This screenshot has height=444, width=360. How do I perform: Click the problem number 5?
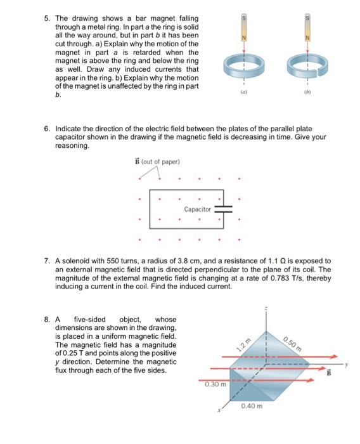point(47,18)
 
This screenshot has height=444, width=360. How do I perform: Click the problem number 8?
point(47,320)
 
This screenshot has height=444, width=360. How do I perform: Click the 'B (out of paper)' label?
point(157,162)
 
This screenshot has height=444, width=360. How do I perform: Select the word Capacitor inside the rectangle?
point(198,209)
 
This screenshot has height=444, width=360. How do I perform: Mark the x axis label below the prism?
point(219,410)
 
